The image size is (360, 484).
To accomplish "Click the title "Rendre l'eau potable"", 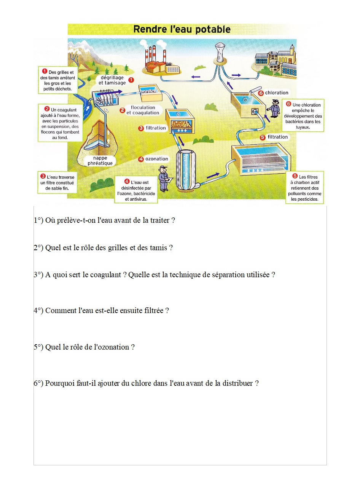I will [x=182, y=29].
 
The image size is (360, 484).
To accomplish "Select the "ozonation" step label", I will [x=156, y=159].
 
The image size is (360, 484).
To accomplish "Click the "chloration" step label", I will [x=277, y=93].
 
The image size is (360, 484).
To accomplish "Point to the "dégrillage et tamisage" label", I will [x=112, y=80].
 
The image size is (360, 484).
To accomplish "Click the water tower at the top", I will [x=220, y=51].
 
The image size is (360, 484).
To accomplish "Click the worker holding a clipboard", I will [x=164, y=179].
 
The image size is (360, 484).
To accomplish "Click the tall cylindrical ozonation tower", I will [x=186, y=169].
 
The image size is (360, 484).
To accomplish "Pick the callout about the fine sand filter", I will [x=58, y=182].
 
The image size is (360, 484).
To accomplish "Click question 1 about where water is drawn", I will [x=104, y=220].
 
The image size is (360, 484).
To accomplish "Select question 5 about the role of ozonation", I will [x=84, y=347].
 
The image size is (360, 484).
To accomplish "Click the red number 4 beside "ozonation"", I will [x=141, y=159].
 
